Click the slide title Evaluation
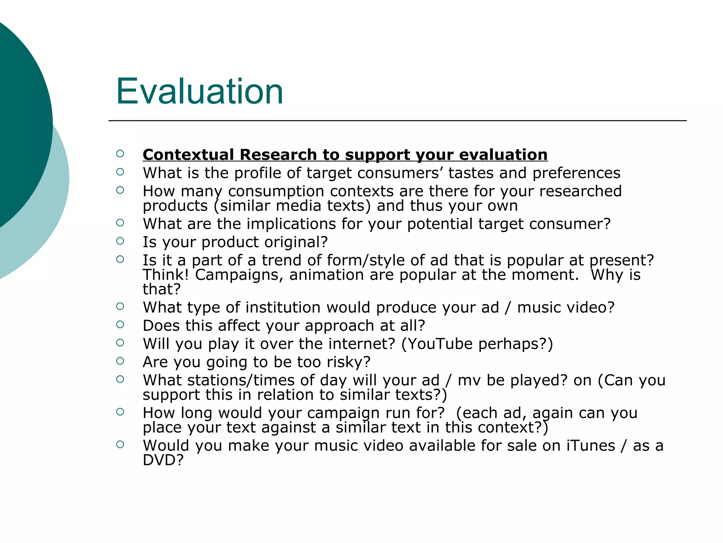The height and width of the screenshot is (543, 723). click(199, 92)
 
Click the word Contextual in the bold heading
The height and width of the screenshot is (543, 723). click(188, 155)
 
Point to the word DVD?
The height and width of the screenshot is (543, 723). click(163, 460)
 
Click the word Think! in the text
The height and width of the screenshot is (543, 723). click(166, 275)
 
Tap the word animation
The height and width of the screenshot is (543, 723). click(326, 275)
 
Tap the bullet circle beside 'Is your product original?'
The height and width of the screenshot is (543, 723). click(120, 241)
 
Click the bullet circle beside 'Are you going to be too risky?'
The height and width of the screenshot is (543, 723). click(120, 361)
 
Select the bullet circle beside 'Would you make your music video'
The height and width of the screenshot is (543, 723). click(120, 444)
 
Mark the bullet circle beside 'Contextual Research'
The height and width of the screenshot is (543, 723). click(120, 153)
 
